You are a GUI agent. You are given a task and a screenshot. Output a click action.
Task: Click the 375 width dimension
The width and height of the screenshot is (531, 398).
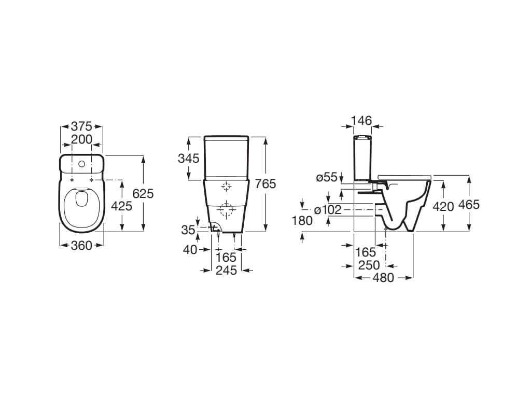click(x=81, y=126)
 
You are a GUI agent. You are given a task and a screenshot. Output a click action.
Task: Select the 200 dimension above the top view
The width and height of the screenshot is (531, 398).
click(x=81, y=139)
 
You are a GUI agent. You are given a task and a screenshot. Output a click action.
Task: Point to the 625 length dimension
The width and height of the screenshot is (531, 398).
click(x=144, y=193)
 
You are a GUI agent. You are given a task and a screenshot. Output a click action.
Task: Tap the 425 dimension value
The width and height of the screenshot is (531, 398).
click(x=122, y=206)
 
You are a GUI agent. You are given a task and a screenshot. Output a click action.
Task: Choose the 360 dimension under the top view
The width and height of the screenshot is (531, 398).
click(x=81, y=245)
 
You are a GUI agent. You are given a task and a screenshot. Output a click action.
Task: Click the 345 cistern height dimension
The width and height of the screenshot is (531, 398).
click(x=189, y=159)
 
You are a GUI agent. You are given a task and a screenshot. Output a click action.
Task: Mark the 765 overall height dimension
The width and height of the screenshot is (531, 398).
click(x=265, y=183)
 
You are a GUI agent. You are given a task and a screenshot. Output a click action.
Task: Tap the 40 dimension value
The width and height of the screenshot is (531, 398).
click(x=190, y=250)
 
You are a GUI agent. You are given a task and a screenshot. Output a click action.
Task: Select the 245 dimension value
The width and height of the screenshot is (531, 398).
click(x=226, y=270)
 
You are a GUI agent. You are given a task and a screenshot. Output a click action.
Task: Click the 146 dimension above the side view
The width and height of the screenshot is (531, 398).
click(x=361, y=121)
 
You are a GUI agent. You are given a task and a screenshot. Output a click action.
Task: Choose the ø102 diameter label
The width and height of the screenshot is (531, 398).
click(x=328, y=210)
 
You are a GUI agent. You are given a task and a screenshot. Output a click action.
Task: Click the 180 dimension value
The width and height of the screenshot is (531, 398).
click(x=302, y=221)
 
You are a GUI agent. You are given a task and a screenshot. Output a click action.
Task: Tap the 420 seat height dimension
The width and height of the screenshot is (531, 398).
click(x=443, y=206)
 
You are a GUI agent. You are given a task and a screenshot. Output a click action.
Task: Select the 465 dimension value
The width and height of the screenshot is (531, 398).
click(x=469, y=204)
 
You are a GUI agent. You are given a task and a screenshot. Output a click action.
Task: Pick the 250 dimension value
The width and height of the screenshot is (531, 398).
click(x=369, y=265)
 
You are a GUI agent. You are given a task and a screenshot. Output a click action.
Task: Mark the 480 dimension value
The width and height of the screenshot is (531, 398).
click(x=384, y=278)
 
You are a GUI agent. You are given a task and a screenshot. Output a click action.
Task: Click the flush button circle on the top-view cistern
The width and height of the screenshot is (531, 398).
click(x=81, y=164)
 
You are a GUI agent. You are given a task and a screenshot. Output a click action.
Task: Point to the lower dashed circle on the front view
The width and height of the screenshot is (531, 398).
click(x=227, y=210)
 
